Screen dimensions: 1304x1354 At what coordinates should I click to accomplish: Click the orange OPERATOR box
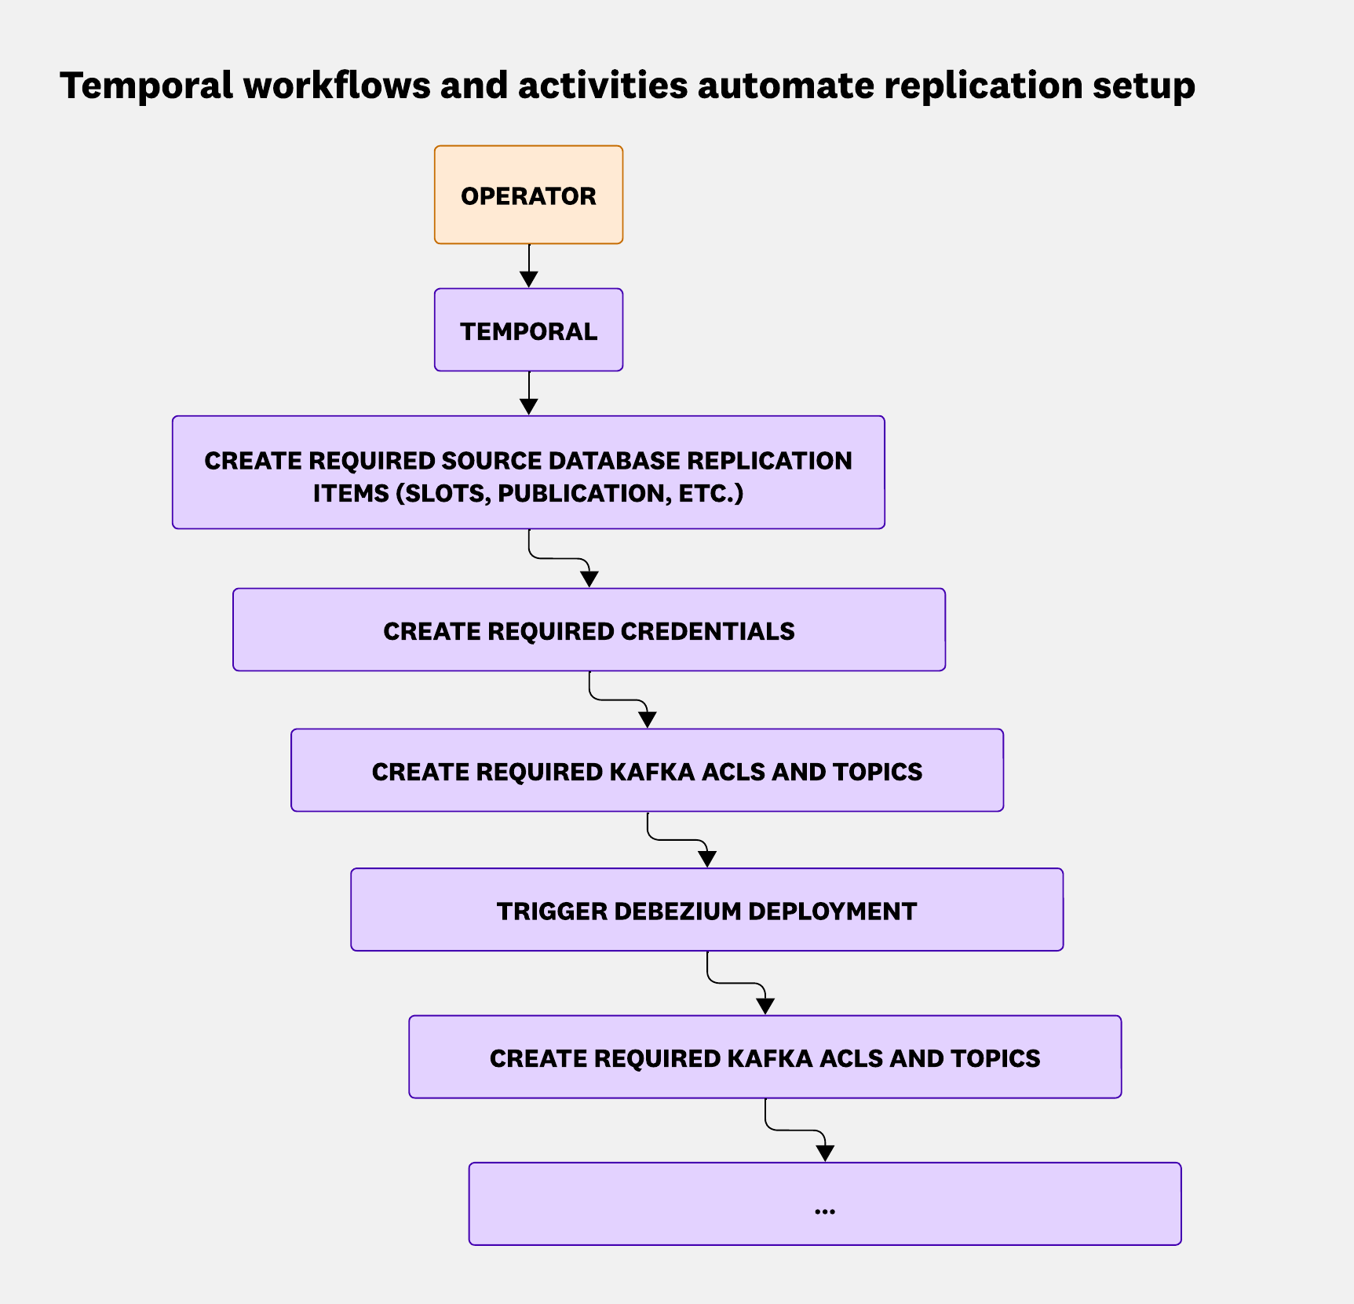[528, 195]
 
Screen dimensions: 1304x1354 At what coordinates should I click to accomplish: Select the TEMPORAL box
[528, 331]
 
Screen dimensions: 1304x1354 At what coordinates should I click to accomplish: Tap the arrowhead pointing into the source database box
[529, 406]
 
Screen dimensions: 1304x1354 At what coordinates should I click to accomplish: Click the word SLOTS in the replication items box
[443, 494]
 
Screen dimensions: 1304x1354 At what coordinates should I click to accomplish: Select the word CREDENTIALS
[707, 631]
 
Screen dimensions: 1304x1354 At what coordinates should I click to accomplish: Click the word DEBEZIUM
[678, 911]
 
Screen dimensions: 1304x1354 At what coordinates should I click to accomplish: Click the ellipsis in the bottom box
[825, 1210]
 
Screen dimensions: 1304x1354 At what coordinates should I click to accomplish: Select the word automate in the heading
[786, 85]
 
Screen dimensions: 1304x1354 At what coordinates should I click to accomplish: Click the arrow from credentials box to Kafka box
[620, 700]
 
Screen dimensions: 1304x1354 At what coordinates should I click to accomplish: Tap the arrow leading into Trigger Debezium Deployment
[678, 840]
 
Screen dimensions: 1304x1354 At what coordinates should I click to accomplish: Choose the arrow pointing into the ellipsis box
[797, 1130]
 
